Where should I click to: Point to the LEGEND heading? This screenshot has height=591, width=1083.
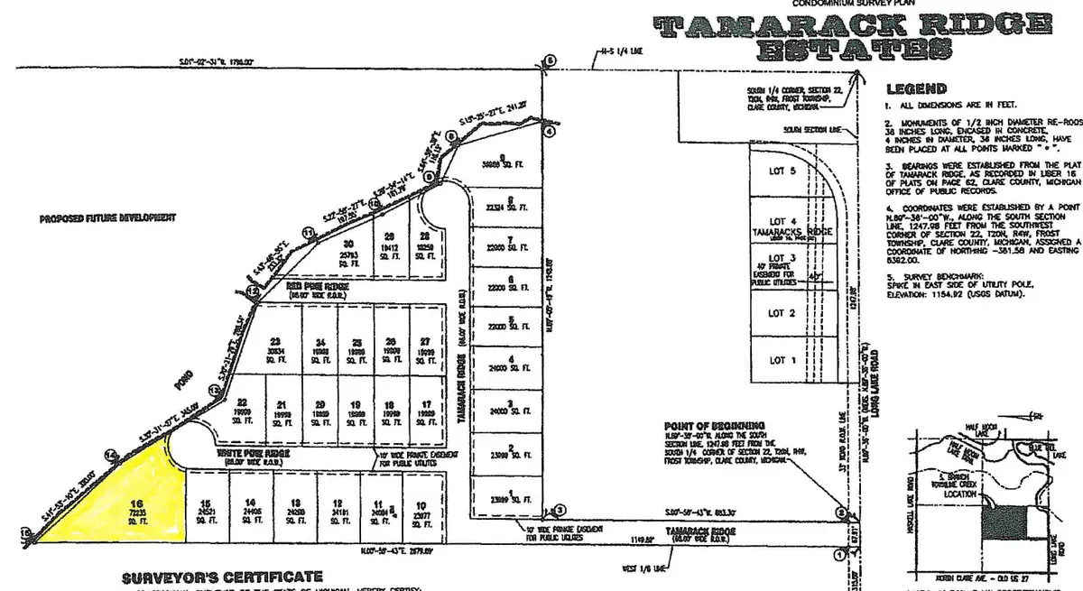pos(915,89)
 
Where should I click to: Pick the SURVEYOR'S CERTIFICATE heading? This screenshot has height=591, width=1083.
pos(222,576)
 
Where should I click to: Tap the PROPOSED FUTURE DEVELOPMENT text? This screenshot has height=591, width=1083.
pos(106,218)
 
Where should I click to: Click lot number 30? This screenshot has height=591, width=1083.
pos(347,242)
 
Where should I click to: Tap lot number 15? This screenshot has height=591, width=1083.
pos(206,503)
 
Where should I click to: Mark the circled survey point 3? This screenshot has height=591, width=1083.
pos(559,510)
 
